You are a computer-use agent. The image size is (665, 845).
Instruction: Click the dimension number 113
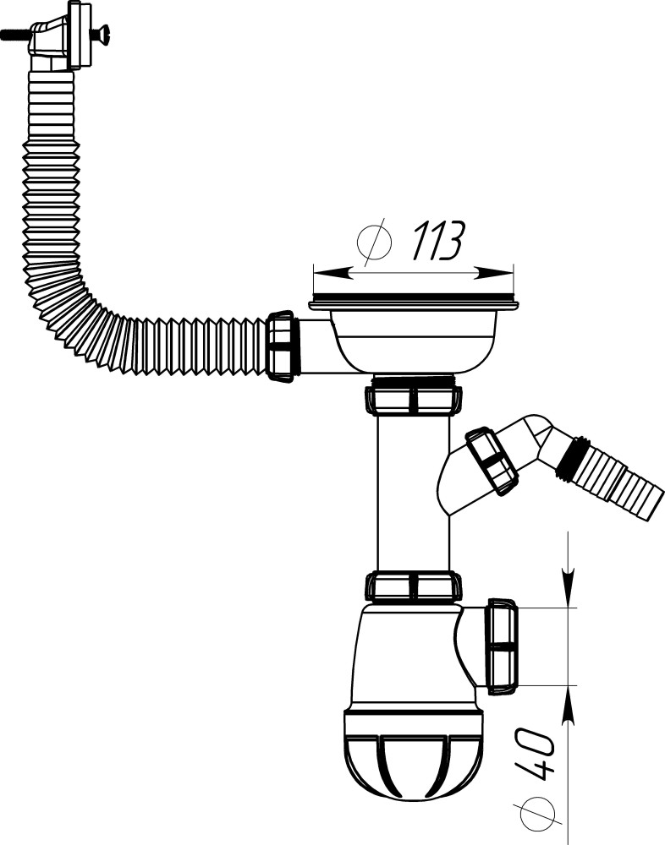click(x=437, y=243)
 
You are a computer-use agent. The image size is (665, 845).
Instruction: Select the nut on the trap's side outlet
click(x=501, y=647)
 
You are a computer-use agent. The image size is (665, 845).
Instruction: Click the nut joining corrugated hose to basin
click(x=281, y=347)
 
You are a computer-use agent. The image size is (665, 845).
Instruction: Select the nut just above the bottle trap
click(x=414, y=586)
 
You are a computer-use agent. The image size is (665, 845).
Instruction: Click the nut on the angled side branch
click(x=492, y=460)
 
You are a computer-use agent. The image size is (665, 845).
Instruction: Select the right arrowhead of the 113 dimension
click(x=499, y=273)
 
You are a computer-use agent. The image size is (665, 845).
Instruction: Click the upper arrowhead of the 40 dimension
click(x=568, y=587)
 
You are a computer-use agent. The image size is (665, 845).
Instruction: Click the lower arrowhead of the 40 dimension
click(x=568, y=705)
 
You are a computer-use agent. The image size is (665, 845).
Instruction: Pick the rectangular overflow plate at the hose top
click(x=81, y=35)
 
